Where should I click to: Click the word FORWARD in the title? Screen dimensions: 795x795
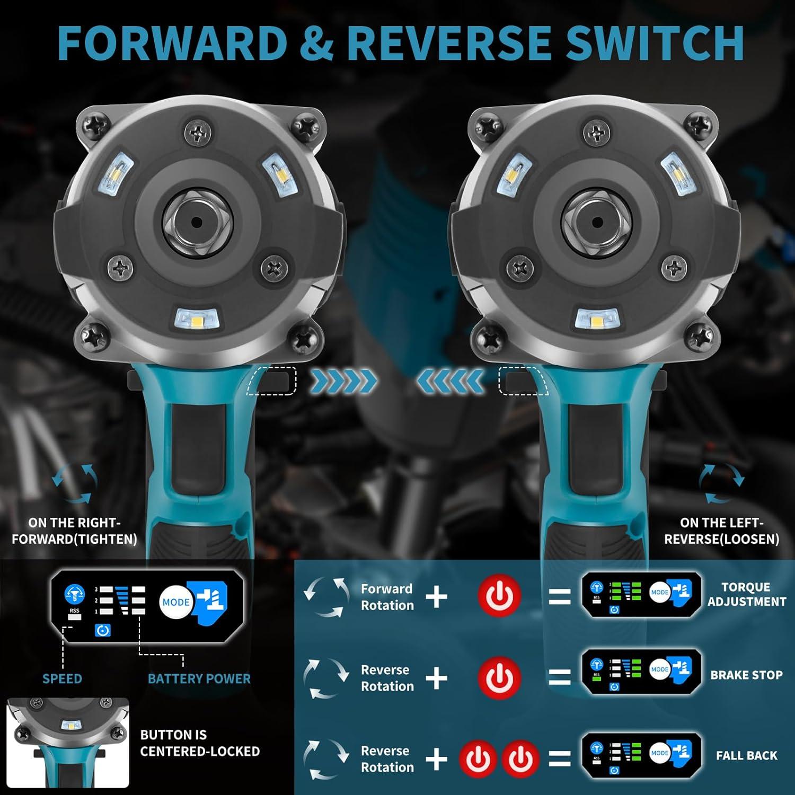coord(172,42)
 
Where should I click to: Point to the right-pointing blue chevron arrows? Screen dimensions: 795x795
coord(343,381)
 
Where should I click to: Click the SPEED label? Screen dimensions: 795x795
coord(62,679)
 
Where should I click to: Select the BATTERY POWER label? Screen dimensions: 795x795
coord(199,679)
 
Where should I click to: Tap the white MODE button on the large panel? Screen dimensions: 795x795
coord(176,602)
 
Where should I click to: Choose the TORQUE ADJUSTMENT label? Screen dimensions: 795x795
coord(746,595)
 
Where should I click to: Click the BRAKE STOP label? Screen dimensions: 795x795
coord(746,675)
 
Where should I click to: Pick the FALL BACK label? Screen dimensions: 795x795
coord(746,756)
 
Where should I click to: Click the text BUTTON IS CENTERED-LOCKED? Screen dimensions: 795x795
coord(200,743)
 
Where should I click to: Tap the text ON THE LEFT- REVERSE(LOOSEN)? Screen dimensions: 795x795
coord(721,531)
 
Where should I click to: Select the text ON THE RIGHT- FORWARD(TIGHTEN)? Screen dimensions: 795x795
coord(74,531)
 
